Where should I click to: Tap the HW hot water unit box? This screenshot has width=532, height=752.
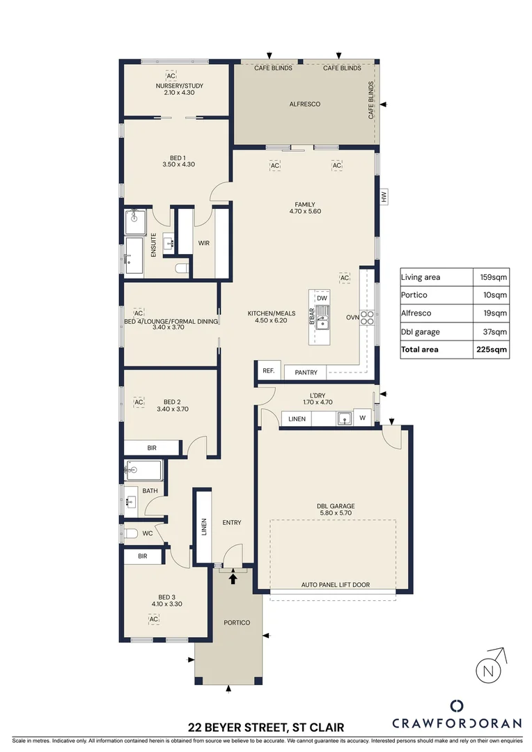point(384,198)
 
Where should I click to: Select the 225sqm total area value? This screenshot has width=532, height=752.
point(493,350)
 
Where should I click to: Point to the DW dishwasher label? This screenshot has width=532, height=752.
point(322,299)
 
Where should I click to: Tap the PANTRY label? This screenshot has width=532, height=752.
point(306,373)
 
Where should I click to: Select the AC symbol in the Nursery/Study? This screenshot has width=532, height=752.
point(169,76)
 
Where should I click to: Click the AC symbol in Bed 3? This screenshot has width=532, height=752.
point(154,618)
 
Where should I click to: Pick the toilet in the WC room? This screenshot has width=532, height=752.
point(131,533)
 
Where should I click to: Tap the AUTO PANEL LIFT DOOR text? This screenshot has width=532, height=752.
point(335,585)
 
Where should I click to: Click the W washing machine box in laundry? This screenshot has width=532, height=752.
point(363,418)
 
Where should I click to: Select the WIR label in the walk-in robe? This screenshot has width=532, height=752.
point(204,243)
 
